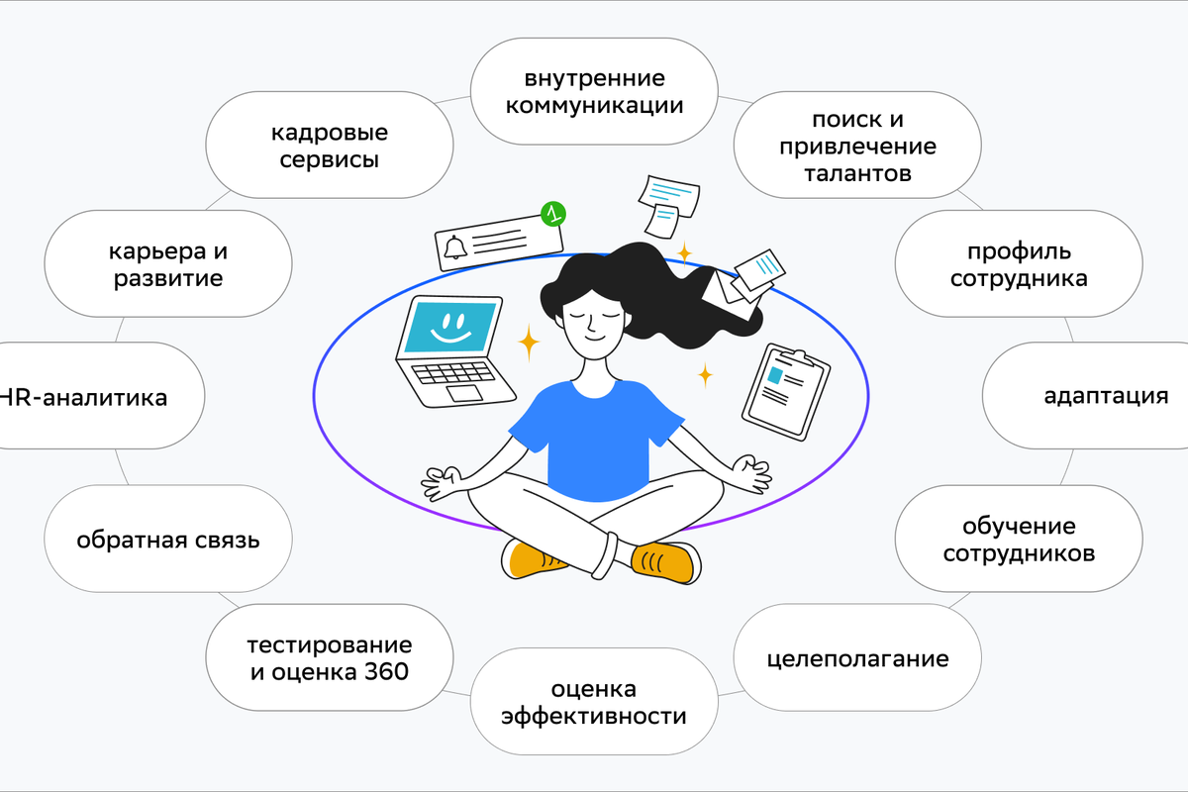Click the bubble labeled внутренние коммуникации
click(594, 91)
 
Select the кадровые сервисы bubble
click(330, 145)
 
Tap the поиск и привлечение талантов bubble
click(857, 145)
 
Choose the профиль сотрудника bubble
click(1019, 263)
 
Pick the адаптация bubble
click(1085, 396)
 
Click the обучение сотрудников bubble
click(1019, 539)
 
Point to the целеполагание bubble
click(857, 657)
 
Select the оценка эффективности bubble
click(594, 701)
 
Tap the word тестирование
click(330, 645)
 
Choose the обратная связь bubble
click(168, 539)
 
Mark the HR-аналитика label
click(84, 397)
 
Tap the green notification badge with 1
click(553, 214)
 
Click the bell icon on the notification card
click(455, 247)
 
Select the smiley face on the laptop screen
click(450, 328)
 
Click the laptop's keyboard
click(453, 372)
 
